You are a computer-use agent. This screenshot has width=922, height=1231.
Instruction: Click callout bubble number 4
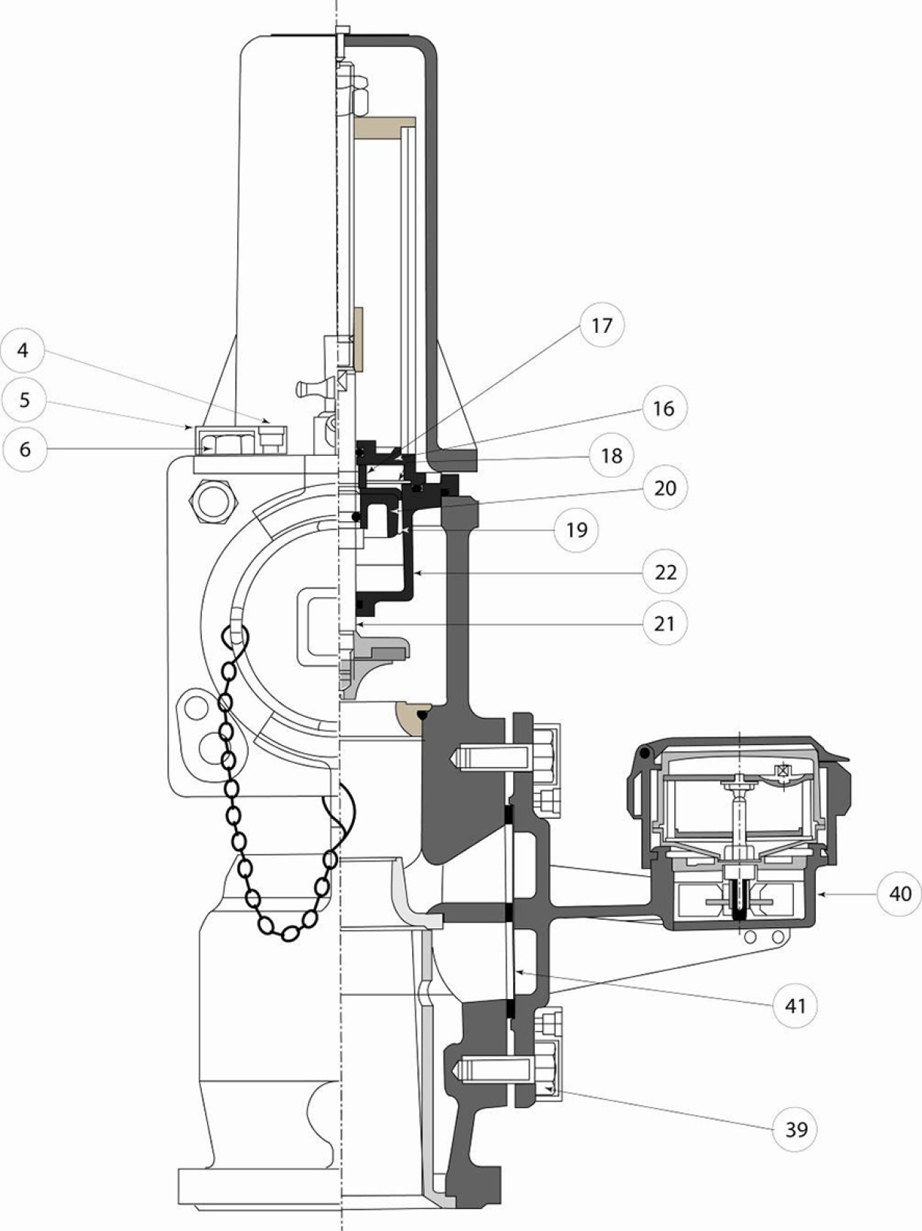(23, 350)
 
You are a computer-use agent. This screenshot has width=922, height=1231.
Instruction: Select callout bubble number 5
(23, 400)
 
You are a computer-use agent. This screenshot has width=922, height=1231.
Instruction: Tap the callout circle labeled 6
(25, 449)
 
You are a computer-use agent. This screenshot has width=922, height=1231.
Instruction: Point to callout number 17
(602, 325)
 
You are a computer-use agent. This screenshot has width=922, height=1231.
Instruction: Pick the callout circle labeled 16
(664, 408)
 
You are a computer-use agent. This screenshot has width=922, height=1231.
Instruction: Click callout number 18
(612, 455)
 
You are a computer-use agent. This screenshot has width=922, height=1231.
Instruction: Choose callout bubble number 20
(664, 488)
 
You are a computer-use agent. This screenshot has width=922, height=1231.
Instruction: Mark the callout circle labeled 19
(576, 530)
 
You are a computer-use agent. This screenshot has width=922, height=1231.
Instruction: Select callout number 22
(664, 573)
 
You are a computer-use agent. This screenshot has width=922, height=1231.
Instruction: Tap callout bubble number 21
(664, 623)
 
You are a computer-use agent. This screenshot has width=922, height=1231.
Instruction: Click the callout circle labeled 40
(900, 893)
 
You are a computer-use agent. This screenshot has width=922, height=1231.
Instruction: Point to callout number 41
(795, 1006)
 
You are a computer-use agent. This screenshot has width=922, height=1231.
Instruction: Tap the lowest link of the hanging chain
(290, 933)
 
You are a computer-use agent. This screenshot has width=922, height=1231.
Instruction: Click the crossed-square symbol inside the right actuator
(780, 771)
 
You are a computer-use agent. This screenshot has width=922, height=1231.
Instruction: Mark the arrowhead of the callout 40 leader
(818, 893)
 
